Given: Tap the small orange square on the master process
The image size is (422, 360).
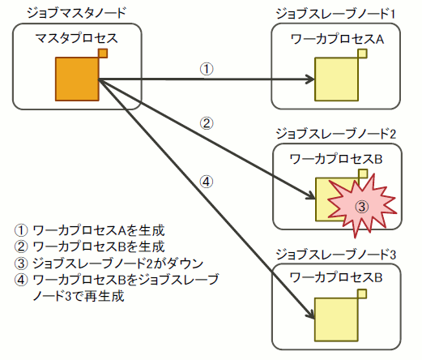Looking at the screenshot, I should click(103, 54).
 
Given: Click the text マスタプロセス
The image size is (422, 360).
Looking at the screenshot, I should click(77, 38).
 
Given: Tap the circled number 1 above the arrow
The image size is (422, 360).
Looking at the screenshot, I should click(207, 69).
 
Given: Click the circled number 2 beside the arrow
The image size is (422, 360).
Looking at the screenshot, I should click(207, 124).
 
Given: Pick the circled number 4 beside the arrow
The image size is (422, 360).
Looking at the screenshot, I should click(207, 181).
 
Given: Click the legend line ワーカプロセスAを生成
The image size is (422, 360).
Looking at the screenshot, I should click(96, 229).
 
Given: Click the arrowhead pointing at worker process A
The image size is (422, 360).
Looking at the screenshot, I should click(310, 79).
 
